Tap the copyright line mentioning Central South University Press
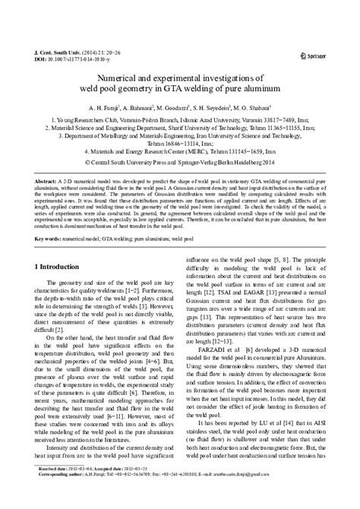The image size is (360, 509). (180, 163)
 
